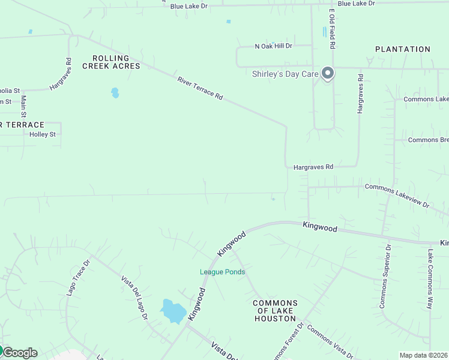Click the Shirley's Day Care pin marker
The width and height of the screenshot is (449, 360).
[x=328, y=73]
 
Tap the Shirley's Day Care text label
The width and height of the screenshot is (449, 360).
[x=285, y=74]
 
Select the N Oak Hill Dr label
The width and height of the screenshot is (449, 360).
[x=273, y=46]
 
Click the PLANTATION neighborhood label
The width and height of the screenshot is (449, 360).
[x=403, y=49]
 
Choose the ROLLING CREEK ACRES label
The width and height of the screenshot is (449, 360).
[x=111, y=62]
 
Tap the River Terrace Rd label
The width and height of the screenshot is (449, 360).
[x=200, y=88]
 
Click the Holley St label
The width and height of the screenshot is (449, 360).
[x=42, y=134]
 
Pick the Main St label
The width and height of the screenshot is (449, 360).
[x=24, y=106]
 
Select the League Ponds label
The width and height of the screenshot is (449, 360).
[x=222, y=272]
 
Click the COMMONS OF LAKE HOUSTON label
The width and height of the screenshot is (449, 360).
[x=275, y=311]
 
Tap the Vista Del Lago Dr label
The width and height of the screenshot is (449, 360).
[x=134, y=298]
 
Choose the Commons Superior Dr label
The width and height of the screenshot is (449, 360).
[x=385, y=277]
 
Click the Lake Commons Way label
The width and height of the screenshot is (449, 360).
[x=430, y=280]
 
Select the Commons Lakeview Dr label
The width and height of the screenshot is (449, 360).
[x=397, y=196]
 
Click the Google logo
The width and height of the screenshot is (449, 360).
[x=20, y=353]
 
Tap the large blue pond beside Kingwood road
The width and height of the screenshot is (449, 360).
[x=173, y=311]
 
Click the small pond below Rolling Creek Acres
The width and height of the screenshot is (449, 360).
[x=115, y=93]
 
